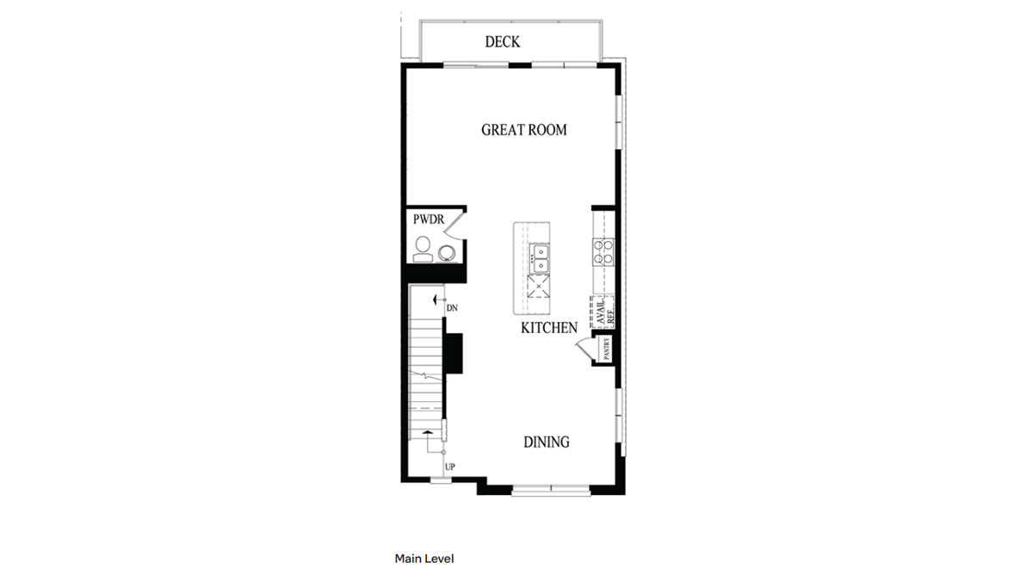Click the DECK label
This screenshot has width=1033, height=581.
pyautogui.click(x=502, y=41)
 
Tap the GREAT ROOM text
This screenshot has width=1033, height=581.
pyautogui.click(x=523, y=130)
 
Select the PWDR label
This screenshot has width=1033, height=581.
pyautogui.click(x=428, y=220)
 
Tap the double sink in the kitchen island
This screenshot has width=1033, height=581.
pyautogui.click(x=540, y=253)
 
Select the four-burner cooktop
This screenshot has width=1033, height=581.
pyautogui.click(x=603, y=250)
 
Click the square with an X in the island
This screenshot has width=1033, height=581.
pyautogui.click(x=538, y=286)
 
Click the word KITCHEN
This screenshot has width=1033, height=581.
pyautogui.click(x=548, y=328)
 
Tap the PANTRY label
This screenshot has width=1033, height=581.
pyautogui.click(x=607, y=349)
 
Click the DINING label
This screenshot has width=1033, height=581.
pyautogui.click(x=547, y=442)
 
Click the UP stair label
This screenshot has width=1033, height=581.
pyautogui.click(x=449, y=467)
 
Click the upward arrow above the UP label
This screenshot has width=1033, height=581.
pyautogui.click(x=427, y=431)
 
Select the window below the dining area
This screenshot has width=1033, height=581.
pyautogui.click(x=551, y=491)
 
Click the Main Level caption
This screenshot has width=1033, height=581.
pyautogui.click(x=424, y=559)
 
